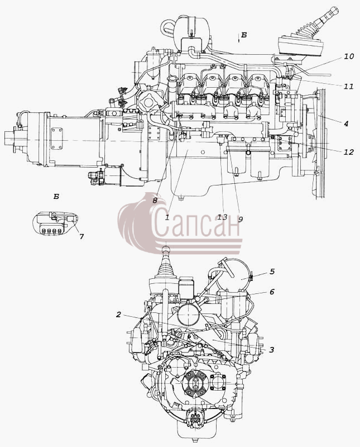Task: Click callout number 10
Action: pos(349,56)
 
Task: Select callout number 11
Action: pos(348,86)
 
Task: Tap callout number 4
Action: pos(345,123)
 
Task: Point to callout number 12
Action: pos(348,152)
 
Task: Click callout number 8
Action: pos(155,201)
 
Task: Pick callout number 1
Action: pos(167,217)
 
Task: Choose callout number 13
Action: pos(223,217)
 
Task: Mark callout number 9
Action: pos(241,219)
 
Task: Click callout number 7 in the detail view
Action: pos(81,236)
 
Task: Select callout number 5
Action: pos(272,271)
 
